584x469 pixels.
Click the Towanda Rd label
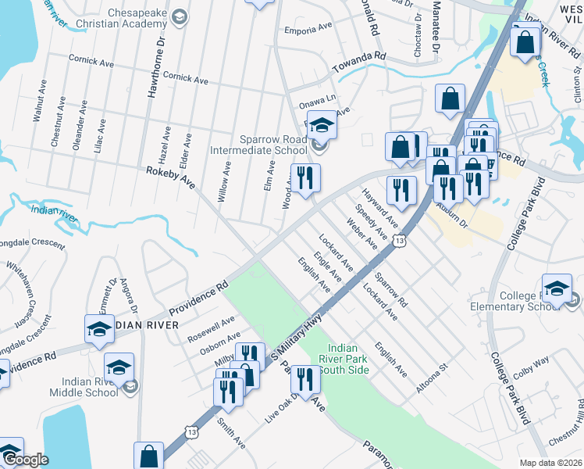(x=360, y=57)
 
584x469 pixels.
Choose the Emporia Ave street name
(x=309, y=30)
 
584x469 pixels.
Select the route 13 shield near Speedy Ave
(x=400, y=242)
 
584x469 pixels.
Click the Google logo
(x=25, y=459)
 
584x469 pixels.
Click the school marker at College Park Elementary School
(x=556, y=289)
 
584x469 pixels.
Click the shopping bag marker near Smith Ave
(x=148, y=456)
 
